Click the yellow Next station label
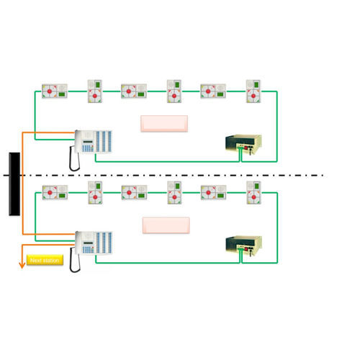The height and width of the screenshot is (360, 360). (x=45, y=260)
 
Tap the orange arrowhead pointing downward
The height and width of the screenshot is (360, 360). (x=22, y=264)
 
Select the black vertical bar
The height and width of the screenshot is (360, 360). (x=14, y=184)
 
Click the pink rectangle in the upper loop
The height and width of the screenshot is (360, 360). (x=164, y=123)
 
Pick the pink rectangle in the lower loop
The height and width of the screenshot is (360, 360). (x=166, y=225)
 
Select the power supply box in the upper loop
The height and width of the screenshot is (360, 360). (x=243, y=144)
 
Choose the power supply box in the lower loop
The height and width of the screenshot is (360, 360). (x=243, y=246)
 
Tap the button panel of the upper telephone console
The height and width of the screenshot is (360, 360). (x=104, y=141)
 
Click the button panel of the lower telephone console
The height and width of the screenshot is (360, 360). (x=104, y=243)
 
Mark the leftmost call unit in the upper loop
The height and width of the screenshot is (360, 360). (x=55, y=91)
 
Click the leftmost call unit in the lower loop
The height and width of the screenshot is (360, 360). (x=55, y=192)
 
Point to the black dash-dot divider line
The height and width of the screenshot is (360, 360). (x=180, y=175)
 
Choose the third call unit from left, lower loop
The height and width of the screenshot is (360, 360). (x=134, y=192)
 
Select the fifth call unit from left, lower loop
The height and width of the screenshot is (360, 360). (x=213, y=192)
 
